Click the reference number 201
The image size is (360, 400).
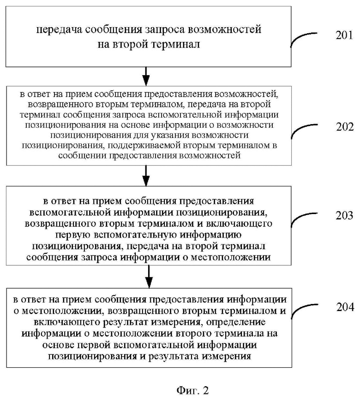pos(344,35)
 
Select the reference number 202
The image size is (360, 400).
pos(345,127)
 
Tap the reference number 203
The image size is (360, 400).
pos(344,215)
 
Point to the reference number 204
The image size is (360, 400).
pos(345,307)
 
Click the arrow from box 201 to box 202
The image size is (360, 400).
pos(146,76)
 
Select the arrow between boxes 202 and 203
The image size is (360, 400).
pos(146,175)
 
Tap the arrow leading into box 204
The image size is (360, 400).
pos(149,277)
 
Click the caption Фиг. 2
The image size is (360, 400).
pos(192,390)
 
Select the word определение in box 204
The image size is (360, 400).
pos(236,322)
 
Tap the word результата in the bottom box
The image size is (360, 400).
pos(174,356)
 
